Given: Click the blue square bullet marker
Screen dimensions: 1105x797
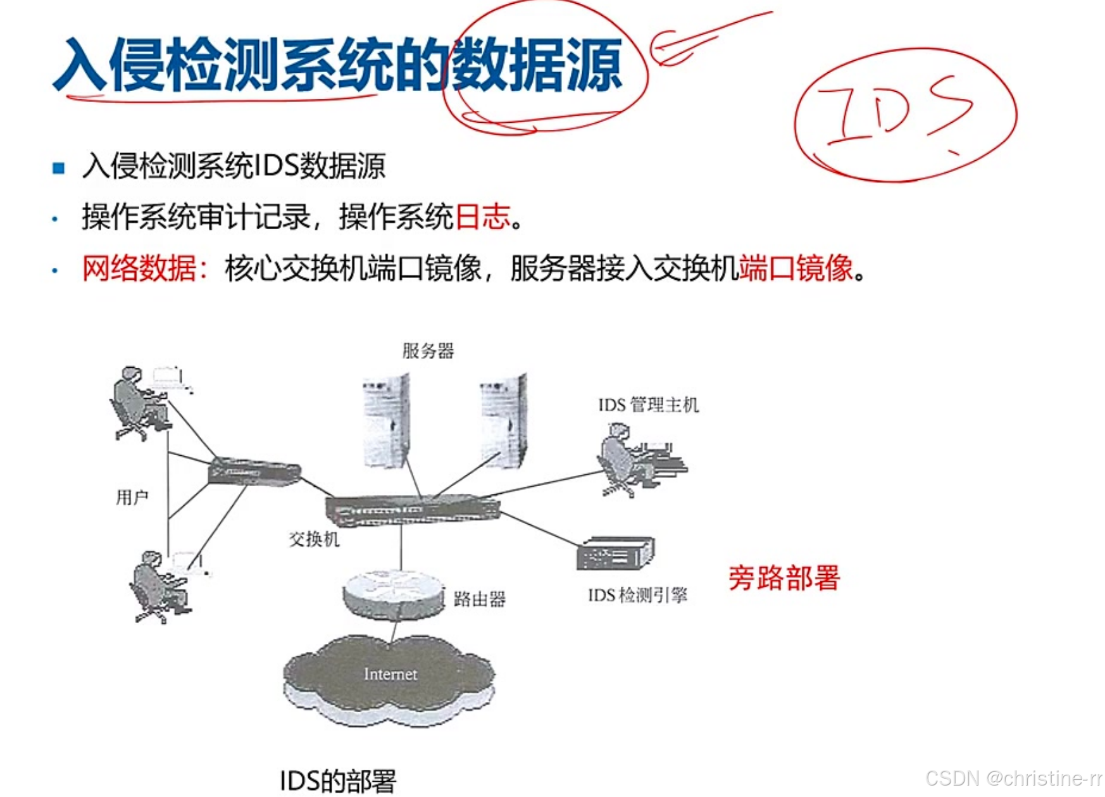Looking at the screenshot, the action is click(59, 168).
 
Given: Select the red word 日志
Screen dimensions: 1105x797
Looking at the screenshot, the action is click(482, 217).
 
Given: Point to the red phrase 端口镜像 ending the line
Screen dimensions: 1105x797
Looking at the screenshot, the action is click(796, 268).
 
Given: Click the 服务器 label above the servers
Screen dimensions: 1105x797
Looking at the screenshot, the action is click(428, 351).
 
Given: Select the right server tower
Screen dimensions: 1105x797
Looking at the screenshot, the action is click(503, 421).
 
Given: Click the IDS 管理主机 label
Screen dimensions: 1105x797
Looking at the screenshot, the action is click(648, 405).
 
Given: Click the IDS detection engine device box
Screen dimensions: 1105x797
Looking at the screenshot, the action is click(615, 554).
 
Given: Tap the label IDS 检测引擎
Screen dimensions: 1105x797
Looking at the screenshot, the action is click(637, 595).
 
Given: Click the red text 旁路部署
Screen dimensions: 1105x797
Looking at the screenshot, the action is click(783, 578).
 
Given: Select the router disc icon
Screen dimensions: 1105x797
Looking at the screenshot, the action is click(392, 593).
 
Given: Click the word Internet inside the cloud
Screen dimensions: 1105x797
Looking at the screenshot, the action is click(390, 674).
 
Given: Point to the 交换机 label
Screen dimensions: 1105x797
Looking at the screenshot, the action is click(314, 539).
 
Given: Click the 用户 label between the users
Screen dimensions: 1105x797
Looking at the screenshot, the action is click(132, 498).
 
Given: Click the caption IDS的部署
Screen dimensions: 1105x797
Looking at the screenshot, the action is click(338, 781).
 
